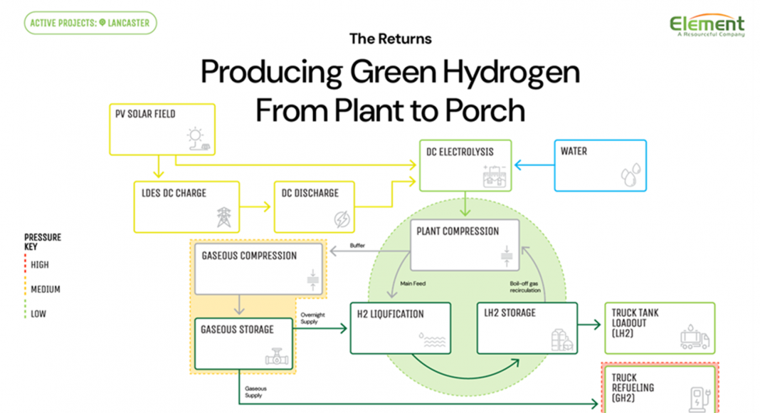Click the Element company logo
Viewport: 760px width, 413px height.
pyautogui.click(x=707, y=25)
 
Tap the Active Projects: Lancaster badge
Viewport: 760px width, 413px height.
pyautogui.click(x=90, y=23)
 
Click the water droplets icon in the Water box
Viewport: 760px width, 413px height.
pyautogui.click(x=630, y=175)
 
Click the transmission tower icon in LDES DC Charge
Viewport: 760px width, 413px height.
pyautogui.click(x=225, y=216)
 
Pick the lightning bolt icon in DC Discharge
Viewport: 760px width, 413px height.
pyautogui.click(x=342, y=217)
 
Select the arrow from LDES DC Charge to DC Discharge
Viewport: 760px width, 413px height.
pyautogui.click(x=256, y=206)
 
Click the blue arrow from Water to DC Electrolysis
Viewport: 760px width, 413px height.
pyautogui.click(x=534, y=165)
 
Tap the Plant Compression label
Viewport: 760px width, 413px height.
pyautogui.click(x=458, y=231)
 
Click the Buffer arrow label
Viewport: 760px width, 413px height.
pyautogui.click(x=357, y=246)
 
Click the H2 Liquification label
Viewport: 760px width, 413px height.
pyautogui.click(x=391, y=314)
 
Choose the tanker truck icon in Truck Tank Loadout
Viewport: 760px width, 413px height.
pyautogui.click(x=695, y=337)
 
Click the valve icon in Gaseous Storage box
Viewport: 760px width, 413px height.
pyautogui.click(x=276, y=356)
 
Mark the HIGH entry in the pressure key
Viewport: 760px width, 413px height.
pyautogui.click(x=39, y=265)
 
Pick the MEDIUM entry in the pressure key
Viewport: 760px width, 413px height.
pyautogui.click(x=45, y=290)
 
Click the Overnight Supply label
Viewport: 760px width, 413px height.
pyautogui.click(x=311, y=318)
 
